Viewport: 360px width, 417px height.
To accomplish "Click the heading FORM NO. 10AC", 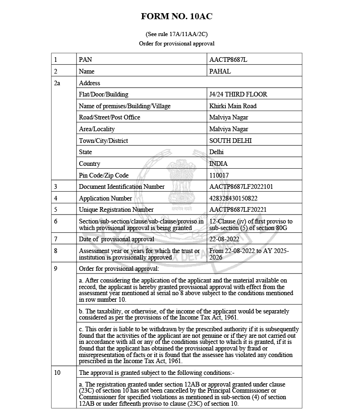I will pyautogui.click(x=177, y=17).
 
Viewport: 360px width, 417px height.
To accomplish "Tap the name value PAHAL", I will pyautogui.click(x=220, y=72).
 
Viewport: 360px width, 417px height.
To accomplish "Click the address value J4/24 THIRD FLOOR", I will pyautogui.click(x=238, y=94).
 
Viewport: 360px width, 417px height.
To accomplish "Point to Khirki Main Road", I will pyautogui.click(x=232, y=106).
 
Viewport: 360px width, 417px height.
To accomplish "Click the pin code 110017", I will pyautogui.click(x=219, y=175).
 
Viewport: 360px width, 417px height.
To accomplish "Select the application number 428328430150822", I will pyautogui.click(x=233, y=198).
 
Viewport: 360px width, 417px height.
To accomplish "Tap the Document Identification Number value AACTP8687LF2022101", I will pyautogui.click(x=241, y=186).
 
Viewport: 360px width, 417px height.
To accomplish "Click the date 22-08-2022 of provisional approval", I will pyautogui.click(x=224, y=239).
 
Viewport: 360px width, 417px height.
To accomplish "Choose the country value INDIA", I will pyautogui.click(x=218, y=164).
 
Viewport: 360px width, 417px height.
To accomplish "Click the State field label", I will pyautogui.click(x=85, y=152).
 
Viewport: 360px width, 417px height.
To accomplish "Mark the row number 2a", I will pyautogui.click(x=58, y=83).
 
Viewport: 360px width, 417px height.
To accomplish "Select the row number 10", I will pyautogui.click(x=58, y=373).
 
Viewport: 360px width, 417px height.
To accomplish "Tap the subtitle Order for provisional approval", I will pyautogui.click(x=177, y=44).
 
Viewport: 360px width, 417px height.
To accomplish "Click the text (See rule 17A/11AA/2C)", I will pyautogui.click(x=177, y=34).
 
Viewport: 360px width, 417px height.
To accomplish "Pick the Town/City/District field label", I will pyautogui.click(x=104, y=141).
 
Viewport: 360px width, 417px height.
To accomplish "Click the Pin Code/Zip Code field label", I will pyautogui.click(x=104, y=175).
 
